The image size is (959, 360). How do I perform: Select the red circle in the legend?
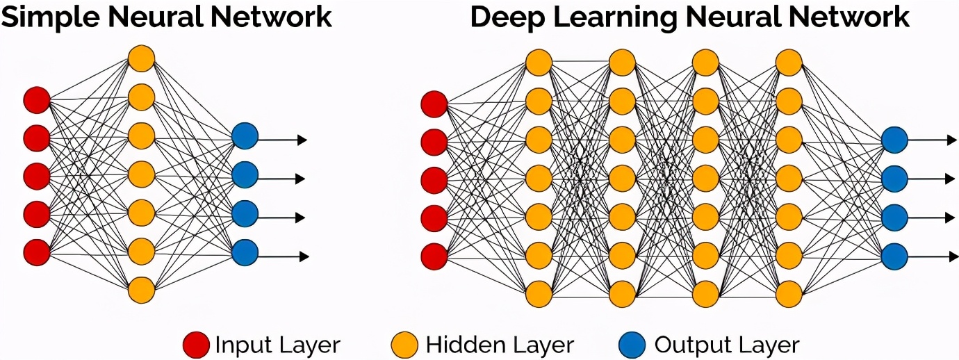[196, 345]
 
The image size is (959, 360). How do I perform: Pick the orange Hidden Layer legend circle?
[404, 345]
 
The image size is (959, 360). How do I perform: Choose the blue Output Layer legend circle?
[632, 345]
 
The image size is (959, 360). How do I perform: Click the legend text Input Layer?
[277, 345]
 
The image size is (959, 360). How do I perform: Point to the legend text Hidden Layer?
[500, 345]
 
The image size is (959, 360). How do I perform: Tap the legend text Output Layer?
[727, 345]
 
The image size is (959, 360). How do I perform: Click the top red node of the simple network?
[37, 100]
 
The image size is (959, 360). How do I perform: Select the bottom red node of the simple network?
[37, 252]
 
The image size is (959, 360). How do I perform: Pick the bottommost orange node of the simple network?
[141, 289]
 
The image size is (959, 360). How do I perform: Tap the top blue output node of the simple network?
[245, 136]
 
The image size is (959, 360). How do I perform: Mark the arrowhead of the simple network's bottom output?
[302, 256]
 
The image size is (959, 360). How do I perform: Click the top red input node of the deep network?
[435, 105]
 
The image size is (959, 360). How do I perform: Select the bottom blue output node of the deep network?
[894, 256]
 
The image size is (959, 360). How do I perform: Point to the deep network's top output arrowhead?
[952, 140]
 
